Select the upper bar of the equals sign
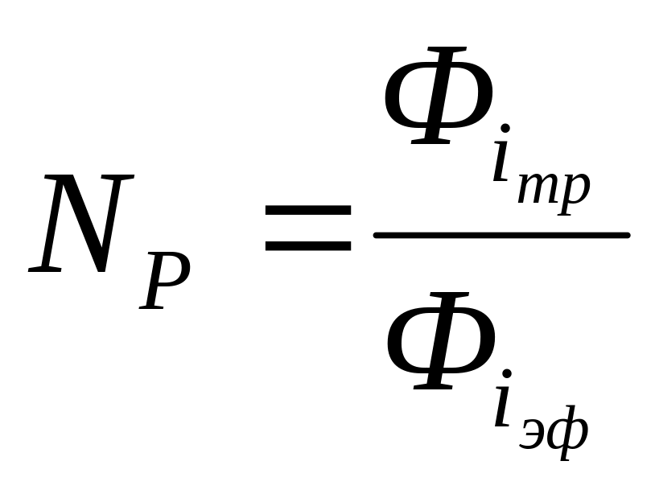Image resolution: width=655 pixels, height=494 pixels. [308, 210]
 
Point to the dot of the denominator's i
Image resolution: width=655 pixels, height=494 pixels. [505, 374]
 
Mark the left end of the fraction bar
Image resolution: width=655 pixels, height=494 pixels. [377, 235]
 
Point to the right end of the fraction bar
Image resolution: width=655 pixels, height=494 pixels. [626, 235]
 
